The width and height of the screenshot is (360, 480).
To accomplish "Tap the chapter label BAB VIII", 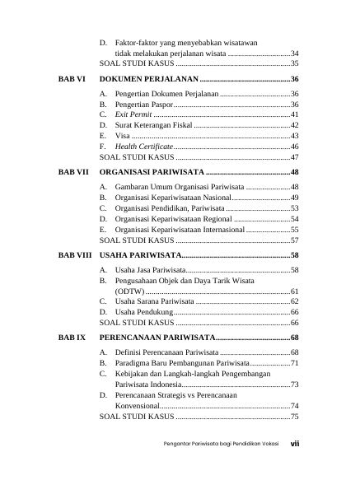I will (x=74, y=255).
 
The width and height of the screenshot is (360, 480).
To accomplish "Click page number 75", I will (x=294, y=417).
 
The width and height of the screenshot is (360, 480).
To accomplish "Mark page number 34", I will (x=294, y=53).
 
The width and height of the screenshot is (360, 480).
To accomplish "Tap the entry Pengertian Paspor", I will (x=144, y=105).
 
